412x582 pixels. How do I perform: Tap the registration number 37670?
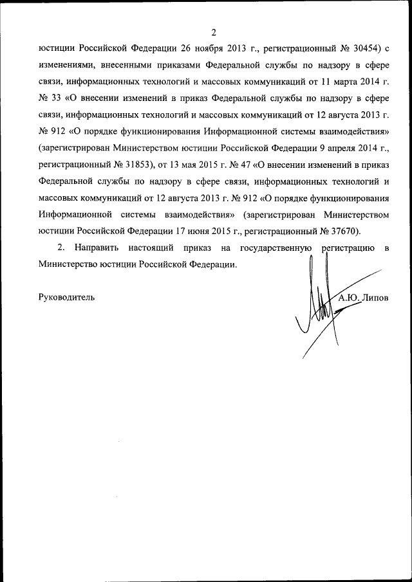click(342, 231)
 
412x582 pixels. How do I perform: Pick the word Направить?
click(97, 248)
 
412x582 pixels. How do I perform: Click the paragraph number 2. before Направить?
click(62, 248)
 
